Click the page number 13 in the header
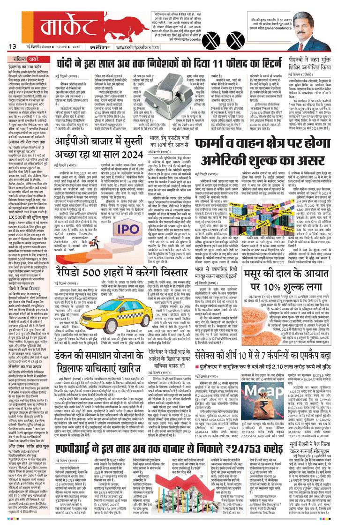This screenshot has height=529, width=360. pos(13,46)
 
